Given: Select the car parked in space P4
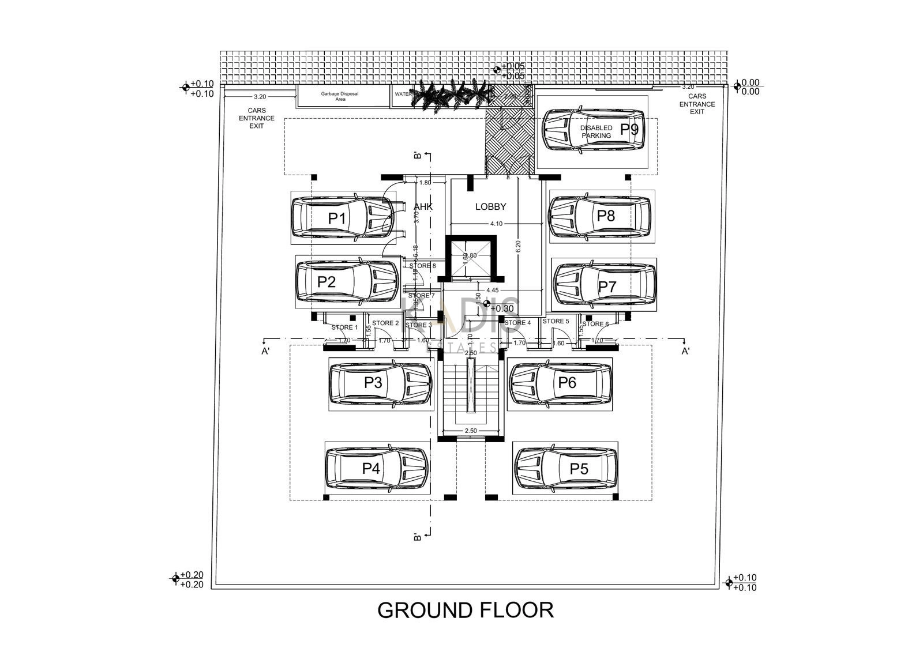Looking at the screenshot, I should pyautogui.click(x=376, y=468).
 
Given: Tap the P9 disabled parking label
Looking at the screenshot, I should pyautogui.click(x=629, y=129).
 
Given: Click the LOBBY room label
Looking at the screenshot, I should pyautogui.click(x=490, y=206).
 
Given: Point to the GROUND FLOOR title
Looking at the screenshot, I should pyautogui.click(x=466, y=610).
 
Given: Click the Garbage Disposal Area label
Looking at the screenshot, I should pyautogui.click(x=340, y=96).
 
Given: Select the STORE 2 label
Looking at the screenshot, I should pyautogui.click(x=385, y=323).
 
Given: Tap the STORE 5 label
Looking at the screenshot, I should pyautogui.click(x=556, y=321).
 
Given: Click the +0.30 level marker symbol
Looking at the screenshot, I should pyautogui.click(x=487, y=304).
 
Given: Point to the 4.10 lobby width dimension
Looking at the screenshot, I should pyautogui.click(x=496, y=224).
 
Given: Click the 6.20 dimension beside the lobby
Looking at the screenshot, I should pyautogui.click(x=518, y=247).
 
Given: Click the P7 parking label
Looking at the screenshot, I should pyautogui.click(x=607, y=287).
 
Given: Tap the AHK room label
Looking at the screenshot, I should pyautogui.click(x=423, y=206).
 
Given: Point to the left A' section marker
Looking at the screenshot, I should pyautogui.click(x=265, y=351).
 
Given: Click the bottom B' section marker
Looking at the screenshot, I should pyautogui.click(x=417, y=537).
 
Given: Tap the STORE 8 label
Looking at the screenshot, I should pyautogui.click(x=422, y=266).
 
